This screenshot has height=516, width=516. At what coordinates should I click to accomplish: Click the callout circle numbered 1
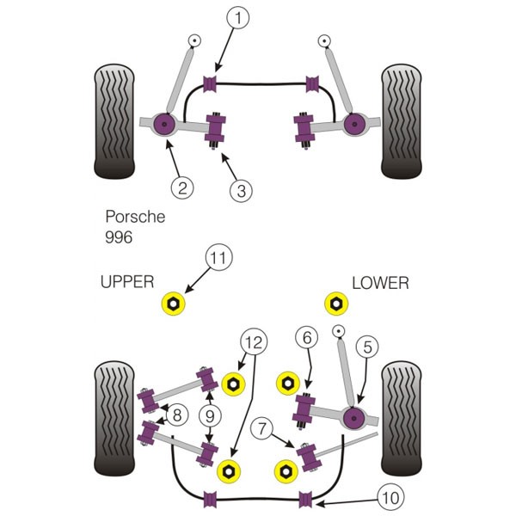(x=237, y=17)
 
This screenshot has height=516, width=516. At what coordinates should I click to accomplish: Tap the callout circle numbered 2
(x=182, y=187)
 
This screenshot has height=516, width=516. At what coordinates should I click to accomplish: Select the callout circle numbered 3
(x=241, y=191)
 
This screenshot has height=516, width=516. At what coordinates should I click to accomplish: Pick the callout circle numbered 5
(x=367, y=347)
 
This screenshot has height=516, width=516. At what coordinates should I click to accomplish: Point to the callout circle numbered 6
(x=307, y=337)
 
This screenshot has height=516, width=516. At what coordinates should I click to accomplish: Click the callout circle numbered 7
(x=261, y=429)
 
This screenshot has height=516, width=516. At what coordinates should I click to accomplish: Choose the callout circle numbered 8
(x=177, y=415)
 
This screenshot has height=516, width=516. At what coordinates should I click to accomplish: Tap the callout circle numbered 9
(x=210, y=416)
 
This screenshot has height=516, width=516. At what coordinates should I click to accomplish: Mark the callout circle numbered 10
(x=391, y=497)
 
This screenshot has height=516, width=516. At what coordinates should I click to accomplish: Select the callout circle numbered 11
(x=218, y=257)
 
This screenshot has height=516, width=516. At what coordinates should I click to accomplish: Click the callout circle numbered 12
(x=254, y=342)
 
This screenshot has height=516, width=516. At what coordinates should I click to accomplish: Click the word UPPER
(x=127, y=282)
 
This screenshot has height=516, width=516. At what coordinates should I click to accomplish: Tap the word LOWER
(x=380, y=283)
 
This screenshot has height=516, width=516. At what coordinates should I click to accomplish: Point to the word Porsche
(x=135, y=217)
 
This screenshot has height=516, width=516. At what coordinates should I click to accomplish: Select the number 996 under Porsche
(x=119, y=237)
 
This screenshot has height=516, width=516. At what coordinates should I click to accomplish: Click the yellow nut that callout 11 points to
(x=173, y=304)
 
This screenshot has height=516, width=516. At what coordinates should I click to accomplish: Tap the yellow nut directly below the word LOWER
(x=336, y=304)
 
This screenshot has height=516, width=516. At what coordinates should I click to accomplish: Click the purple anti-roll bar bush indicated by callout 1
(x=210, y=83)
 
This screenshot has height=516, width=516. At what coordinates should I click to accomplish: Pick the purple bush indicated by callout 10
(x=305, y=500)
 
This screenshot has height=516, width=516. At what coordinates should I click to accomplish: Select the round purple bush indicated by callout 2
(x=164, y=124)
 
